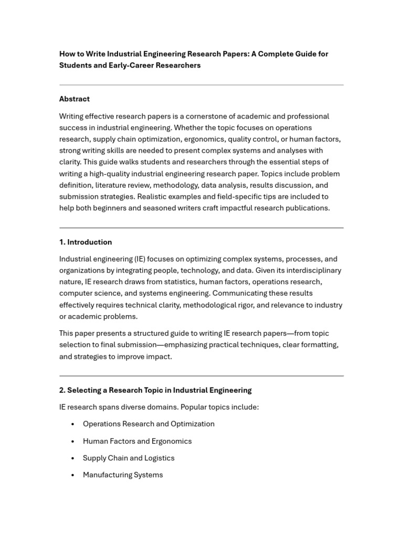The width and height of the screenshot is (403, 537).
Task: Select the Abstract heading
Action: pos(75,99)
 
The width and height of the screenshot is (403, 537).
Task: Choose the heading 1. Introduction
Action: pos(86,242)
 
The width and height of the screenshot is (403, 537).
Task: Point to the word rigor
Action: pos(243,305)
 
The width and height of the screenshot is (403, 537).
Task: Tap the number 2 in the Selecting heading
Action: pos(61,390)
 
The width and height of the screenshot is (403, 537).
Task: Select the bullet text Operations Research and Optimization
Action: pos(149,424)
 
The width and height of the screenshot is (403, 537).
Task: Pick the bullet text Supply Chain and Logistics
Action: pos(129,458)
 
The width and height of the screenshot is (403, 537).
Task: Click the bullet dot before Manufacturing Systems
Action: pos(72,476)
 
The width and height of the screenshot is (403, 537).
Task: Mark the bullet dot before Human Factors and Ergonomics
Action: pos(72,442)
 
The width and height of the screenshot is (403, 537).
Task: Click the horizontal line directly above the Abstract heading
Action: pos(201,85)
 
